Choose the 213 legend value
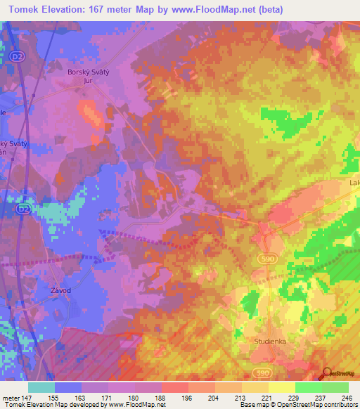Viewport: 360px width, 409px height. [240, 397]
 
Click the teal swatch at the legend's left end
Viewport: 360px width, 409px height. [41, 387]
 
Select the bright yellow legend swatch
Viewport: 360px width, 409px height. [282, 387]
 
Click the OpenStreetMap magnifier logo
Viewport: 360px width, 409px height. [328, 374]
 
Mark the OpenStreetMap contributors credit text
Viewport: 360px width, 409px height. [318, 405]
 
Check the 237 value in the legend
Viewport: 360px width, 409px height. [321, 397]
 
